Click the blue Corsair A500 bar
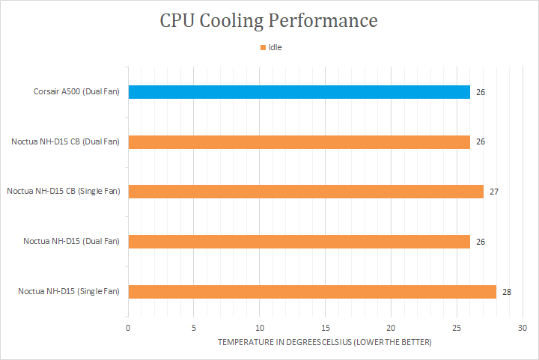coord(299,92)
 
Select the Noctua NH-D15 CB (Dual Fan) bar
coord(299,141)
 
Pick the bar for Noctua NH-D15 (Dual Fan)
coord(299,241)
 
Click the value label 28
coord(507,291)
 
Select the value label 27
coord(494,192)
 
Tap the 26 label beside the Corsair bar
coord(481,92)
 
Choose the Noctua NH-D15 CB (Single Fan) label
coord(63,192)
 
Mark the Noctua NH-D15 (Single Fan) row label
coord(69,291)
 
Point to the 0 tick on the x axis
coord(128,328)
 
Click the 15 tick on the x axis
coord(326,328)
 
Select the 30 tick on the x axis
coord(523,328)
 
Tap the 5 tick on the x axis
coord(194,328)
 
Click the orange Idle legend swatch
coord(263,47)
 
